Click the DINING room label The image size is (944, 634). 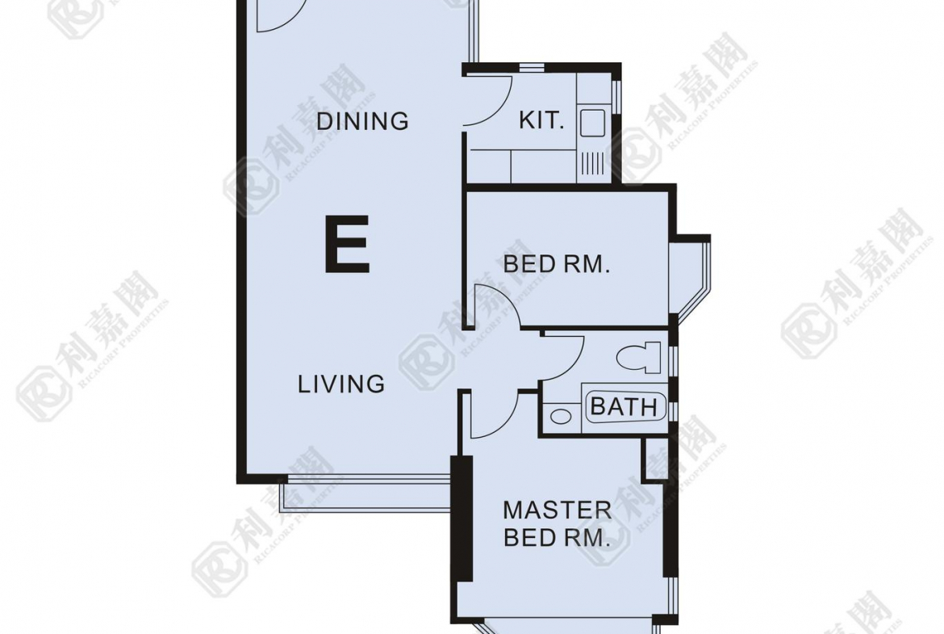click(x=362, y=121)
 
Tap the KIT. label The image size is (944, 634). click(x=542, y=120)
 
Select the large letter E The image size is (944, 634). click(x=346, y=246)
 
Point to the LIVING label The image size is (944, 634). click(x=341, y=384)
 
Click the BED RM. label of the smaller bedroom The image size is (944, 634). click(x=556, y=264)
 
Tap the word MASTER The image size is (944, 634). click(x=557, y=510)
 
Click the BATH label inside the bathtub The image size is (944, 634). click(x=624, y=407)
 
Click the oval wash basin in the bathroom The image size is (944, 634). click(x=561, y=416)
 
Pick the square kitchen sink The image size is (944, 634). click(x=591, y=123)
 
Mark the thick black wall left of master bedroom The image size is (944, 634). click(x=462, y=519)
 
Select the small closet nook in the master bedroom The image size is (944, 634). click(x=655, y=459)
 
